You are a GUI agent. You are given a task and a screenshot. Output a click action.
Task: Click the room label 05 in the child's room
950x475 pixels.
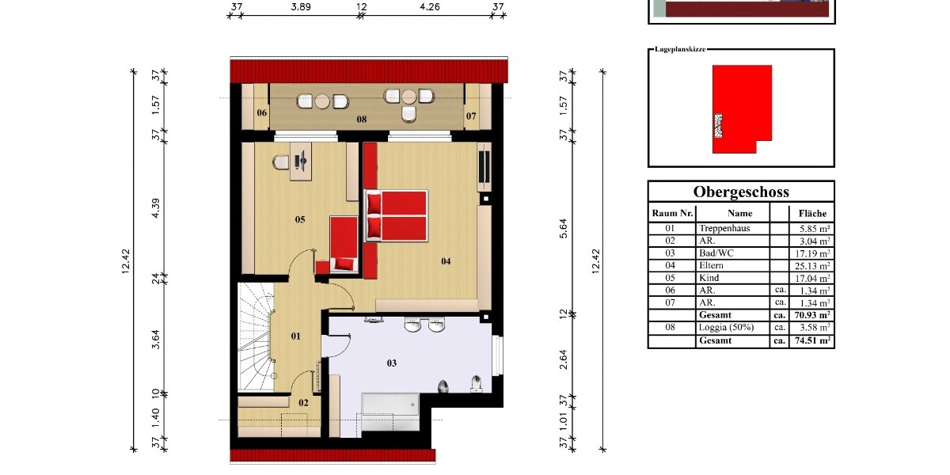click(x=300, y=219)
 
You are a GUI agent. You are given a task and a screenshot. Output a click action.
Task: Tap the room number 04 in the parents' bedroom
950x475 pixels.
click(x=446, y=261)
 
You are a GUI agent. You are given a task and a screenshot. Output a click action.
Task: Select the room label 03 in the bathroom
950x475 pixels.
click(x=391, y=363)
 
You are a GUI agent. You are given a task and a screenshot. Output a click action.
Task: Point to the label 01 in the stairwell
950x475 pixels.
click(x=296, y=336)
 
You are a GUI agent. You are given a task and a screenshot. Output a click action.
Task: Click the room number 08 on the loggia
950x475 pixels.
click(x=361, y=120)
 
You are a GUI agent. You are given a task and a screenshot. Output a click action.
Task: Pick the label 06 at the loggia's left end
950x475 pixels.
click(x=261, y=114)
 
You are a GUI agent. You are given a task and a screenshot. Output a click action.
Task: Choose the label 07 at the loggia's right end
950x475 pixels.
click(x=471, y=116)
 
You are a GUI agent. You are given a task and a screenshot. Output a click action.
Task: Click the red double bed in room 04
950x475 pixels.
click(x=396, y=215)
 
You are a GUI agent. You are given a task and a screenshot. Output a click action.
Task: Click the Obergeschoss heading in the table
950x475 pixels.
click(x=740, y=192)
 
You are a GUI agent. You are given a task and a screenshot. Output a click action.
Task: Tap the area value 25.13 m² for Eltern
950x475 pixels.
click(x=812, y=266)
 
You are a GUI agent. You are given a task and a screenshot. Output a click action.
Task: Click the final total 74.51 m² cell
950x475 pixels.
click(x=812, y=341)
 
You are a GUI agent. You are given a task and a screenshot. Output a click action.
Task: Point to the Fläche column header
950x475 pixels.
click(x=812, y=213)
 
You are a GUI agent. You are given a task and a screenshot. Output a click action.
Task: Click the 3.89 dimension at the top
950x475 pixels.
click(x=300, y=7)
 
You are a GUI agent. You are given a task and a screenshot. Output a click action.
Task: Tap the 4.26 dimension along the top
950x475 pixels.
click(x=430, y=7)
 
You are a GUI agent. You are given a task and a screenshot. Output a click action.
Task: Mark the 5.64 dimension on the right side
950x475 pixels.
click(x=564, y=228)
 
